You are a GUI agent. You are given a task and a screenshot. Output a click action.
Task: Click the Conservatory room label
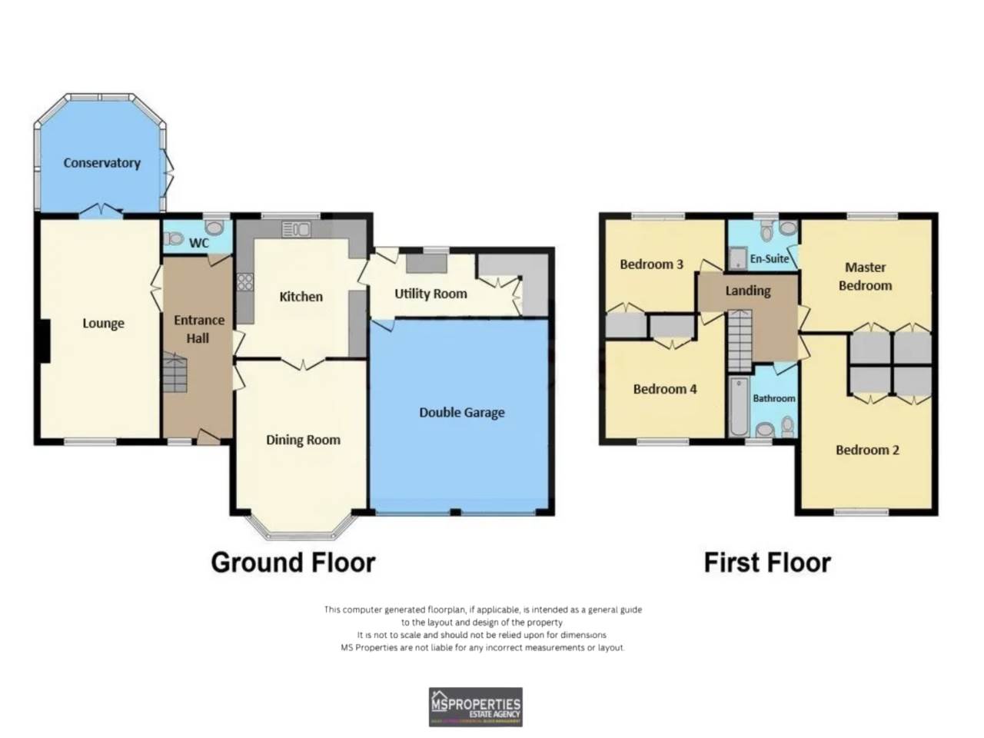pos(101,163)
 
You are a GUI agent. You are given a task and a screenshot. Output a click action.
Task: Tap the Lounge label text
pos(103,324)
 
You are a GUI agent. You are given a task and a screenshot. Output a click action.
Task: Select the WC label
pos(199,243)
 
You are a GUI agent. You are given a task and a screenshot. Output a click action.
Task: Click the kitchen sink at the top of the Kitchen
pos(296,229)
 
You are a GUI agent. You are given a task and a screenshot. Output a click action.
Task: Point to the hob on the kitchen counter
pos(244,282)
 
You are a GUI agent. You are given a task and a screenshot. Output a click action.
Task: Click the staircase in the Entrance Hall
pos(175,374)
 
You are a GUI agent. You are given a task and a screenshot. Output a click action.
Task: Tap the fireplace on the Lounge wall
pos(44,341)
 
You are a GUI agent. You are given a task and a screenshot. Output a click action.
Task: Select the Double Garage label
pos(461,413)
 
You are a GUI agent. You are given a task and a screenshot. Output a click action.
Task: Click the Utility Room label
pos(430,294)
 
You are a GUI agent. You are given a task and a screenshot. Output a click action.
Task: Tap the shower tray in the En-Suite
pos(737,258)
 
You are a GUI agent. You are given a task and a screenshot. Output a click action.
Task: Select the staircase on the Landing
pos(739,339)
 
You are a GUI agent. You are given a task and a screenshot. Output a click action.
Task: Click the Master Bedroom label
pos(865,277)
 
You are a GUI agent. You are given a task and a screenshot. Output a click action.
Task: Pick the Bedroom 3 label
pos(651,264)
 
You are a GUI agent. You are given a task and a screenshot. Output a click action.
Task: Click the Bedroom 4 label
pos(664,389)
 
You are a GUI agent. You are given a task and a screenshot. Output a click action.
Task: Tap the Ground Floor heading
pos(293,563)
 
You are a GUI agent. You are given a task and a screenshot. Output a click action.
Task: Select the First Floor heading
pos(767,563)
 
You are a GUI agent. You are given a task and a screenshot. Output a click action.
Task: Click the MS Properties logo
pos(475,706)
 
